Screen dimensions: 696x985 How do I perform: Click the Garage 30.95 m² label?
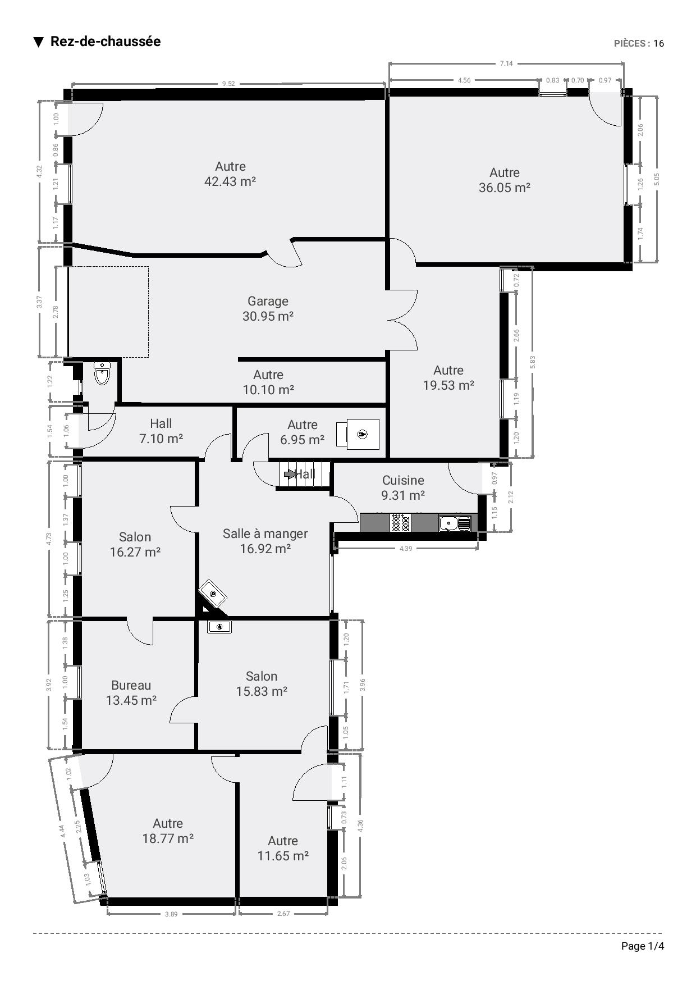268,309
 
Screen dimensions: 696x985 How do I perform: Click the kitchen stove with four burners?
400,523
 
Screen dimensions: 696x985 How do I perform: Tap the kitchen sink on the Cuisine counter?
455,523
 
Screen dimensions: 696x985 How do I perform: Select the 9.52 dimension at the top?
228,84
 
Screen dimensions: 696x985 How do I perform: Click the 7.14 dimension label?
506,63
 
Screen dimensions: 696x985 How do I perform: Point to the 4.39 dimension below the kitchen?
405,549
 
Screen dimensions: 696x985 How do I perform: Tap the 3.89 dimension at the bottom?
171,914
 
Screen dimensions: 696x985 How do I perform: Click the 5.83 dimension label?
533,362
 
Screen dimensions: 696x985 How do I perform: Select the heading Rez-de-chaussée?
106,42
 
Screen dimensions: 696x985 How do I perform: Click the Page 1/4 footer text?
643,946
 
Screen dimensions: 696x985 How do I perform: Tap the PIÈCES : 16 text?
639,43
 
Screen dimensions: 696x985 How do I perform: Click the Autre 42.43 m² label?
230,174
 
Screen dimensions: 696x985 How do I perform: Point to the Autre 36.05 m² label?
505,180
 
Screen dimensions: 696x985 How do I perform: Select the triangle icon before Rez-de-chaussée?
39,42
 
